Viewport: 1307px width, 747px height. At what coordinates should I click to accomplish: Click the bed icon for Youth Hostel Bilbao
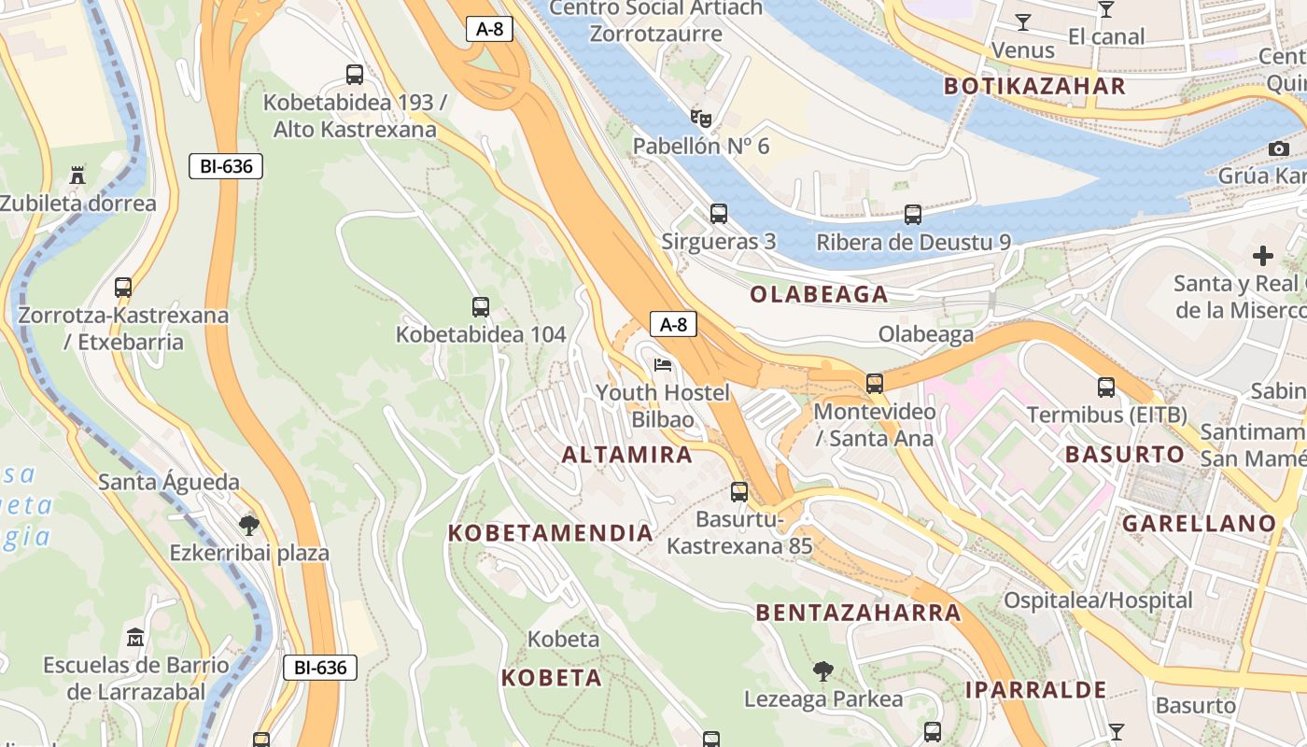663,365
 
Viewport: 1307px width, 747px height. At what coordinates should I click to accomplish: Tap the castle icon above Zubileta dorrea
77,175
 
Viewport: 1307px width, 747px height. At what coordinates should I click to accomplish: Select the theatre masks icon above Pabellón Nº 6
701,118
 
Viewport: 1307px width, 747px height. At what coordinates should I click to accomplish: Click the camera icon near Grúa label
1278,148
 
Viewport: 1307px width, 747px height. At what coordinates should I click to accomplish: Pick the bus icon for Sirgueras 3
718,214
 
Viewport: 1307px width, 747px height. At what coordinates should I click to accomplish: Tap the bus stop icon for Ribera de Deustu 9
913,215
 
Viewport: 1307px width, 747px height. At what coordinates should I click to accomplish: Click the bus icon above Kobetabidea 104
481,306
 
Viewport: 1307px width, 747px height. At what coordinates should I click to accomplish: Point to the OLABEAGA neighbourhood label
819,295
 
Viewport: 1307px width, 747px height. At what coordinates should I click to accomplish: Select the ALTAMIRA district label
626,455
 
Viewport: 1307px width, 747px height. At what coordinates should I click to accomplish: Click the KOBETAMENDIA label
551,533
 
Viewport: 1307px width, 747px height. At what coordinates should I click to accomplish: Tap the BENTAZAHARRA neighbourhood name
858,613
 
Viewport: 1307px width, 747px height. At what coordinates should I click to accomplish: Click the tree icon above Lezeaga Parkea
822,670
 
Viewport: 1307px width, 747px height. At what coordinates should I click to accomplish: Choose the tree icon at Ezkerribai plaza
249,525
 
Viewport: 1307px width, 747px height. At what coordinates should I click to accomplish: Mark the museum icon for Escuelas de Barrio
135,638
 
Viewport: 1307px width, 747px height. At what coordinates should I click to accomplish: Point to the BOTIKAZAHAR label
1034,87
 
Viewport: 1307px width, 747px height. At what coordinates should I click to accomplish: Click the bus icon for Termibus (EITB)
1106,387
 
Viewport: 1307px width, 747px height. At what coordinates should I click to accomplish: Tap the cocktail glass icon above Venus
1023,21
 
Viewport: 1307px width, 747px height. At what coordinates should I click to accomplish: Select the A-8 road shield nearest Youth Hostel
673,324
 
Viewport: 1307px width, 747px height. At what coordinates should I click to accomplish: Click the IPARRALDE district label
1035,690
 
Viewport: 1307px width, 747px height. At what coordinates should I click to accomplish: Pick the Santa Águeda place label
169,483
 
